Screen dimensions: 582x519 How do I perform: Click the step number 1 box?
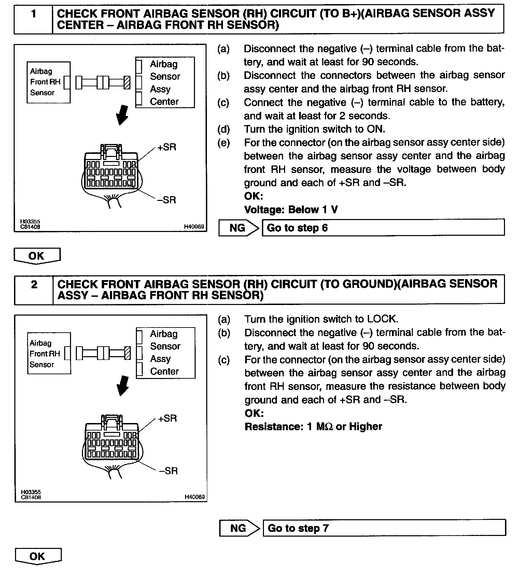click(x=33, y=19)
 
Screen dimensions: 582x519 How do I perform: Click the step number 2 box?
click(x=34, y=290)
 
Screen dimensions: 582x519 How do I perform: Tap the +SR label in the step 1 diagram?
click(x=167, y=147)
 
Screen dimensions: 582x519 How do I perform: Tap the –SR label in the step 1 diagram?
click(x=167, y=200)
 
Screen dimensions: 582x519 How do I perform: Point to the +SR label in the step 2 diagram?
click(x=167, y=418)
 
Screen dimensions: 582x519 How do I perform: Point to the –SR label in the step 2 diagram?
click(x=168, y=471)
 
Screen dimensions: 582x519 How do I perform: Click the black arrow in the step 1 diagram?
click(x=122, y=115)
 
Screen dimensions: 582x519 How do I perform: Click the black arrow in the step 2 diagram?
click(x=123, y=386)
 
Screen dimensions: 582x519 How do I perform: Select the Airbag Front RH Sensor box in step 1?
click(x=48, y=82)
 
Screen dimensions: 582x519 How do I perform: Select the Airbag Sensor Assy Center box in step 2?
click(x=166, y=353)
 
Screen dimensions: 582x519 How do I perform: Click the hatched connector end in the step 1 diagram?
click(x=127, y=83)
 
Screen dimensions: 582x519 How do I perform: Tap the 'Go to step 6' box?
click(x=383, y=228)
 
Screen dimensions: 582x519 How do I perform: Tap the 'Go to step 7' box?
click(x=384, y=528)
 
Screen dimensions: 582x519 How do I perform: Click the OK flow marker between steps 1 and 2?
click(x=37, y=256)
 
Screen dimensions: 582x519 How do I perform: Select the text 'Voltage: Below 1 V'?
click(x=291, y=209)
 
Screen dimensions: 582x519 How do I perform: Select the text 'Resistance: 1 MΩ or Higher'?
click(x=313, y=426)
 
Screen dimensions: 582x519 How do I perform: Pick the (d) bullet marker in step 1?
click(x=223, y=129)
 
